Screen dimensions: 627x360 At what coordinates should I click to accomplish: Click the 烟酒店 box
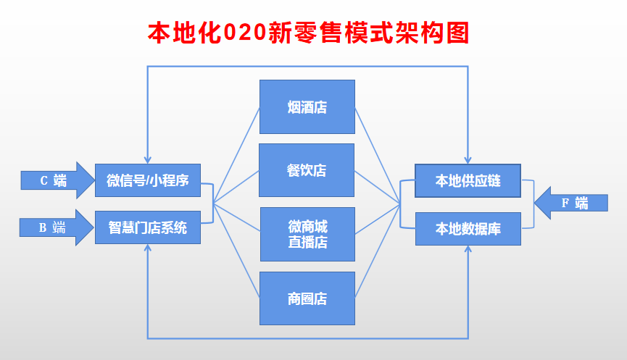click(307, 106)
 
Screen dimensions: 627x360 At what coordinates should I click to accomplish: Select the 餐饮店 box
click(307, 170)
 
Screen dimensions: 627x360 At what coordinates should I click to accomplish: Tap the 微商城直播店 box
click(307, 234)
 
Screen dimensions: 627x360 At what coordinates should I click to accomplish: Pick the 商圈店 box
click(307, 298)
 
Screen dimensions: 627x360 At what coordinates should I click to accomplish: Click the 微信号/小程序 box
click(148, 180)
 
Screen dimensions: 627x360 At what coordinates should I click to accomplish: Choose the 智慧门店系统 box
click(148, 227)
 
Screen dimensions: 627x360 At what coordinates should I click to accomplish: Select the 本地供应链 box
click(468, 180)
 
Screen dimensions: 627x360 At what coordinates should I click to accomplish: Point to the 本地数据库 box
click(468, 229)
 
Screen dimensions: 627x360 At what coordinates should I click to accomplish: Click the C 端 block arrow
click(57, 180)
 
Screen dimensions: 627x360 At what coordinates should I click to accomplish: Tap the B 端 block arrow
click(57, 227)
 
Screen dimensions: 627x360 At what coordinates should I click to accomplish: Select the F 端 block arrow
click(571, 203)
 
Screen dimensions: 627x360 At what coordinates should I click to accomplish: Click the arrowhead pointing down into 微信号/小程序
click(148, 160)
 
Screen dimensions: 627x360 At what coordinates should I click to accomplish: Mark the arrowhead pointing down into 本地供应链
click(468, 160)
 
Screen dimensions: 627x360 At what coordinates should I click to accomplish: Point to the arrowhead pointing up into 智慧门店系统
click(148, 248)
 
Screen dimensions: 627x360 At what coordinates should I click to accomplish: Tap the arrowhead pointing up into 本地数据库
click(468, 249)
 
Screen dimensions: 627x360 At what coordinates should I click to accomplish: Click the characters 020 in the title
click(245, 33)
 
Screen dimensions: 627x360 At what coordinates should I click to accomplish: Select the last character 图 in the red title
click(457, 33)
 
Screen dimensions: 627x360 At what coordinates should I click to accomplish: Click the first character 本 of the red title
click(159, 33)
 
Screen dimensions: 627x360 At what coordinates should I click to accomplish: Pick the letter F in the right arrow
click(565, 204)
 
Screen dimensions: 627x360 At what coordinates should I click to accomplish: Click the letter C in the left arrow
click(44, 180)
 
